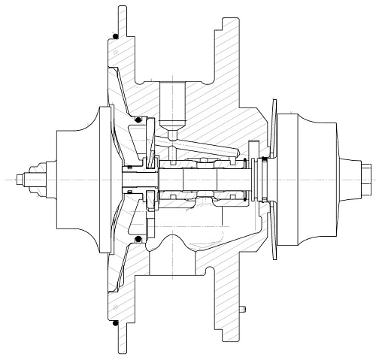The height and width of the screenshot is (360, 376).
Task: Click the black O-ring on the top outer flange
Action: point(115,35)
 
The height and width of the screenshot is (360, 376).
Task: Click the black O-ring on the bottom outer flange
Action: point(115,325)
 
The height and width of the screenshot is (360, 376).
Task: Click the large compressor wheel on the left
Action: point(79,179)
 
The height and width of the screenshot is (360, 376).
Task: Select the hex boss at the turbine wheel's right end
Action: point(366,179)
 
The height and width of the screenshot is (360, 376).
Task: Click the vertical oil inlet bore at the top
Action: point(171,105)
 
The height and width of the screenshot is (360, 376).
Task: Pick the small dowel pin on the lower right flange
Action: point(244,309)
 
